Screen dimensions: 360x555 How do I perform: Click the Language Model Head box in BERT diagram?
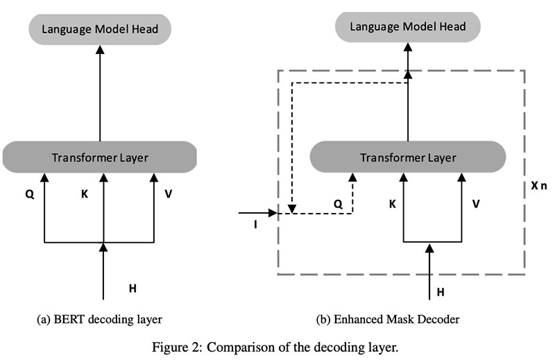pyautogui.click(x=100, y=29)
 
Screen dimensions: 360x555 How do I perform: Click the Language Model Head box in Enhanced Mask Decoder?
pyautogui.click(x=407, y=27)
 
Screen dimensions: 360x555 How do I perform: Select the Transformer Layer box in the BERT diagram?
pyautogui.click(x=100, y=157)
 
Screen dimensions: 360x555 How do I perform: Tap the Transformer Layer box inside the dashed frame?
pyautogui.click(x=407, y=157)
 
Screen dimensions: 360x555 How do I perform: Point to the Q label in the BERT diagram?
pyautogui.click(x=30, y=195)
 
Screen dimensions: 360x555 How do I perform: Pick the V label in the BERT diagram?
pyautogui.click(x=169, y=195)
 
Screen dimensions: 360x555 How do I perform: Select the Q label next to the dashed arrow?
pyautogui.click(x=338, y=204)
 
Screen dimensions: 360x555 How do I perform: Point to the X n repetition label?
pyautogui.click(x=538, y=189)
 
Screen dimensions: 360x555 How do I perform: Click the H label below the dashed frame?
pyautogui.click(x=440, y=293)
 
